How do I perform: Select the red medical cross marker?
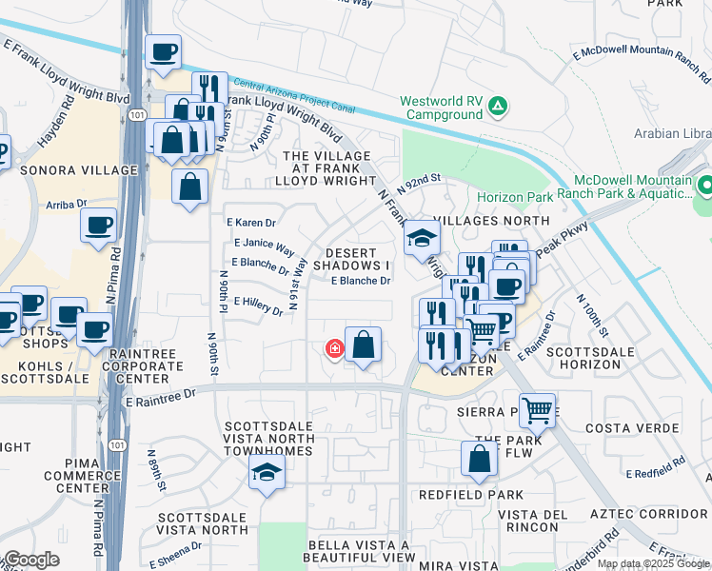[x=334, y=349]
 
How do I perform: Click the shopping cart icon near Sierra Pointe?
[x=538, y=410]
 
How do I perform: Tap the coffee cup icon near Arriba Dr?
[x=98, y=226]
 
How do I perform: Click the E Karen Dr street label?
[x=250, y=223]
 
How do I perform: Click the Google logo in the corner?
[x=31, y=560]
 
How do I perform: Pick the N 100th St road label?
[x=591, y=314]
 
